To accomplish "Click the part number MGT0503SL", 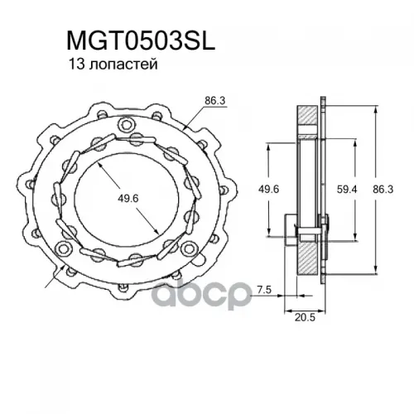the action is coord(141,41).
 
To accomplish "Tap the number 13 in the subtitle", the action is coord(75,65).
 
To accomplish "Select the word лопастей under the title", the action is coord(123,65).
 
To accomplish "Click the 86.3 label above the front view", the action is coord(215,101).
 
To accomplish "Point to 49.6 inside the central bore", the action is coord(128,198).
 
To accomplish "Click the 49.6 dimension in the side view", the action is coord(268,189).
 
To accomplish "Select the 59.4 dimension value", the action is coord(347,189).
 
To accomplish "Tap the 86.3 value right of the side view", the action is coord(383,189).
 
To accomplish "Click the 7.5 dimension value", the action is coord(264,290).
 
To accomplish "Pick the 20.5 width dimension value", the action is coord(305,318).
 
